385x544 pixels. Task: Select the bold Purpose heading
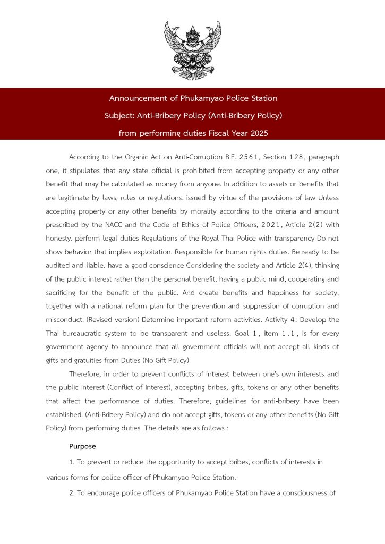click(82, 446)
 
